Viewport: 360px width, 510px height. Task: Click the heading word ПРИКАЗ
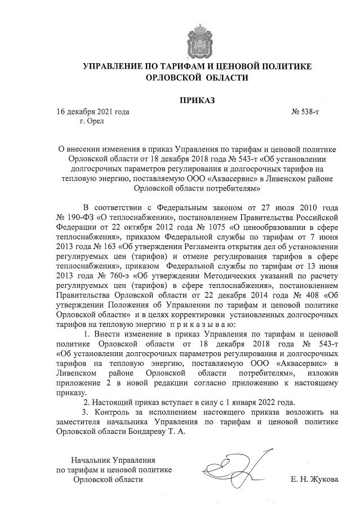197,101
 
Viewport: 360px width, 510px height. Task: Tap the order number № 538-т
305,112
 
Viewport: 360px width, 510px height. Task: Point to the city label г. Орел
92,121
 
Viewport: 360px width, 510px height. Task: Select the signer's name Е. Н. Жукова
314,480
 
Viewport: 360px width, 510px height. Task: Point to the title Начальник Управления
112,460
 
